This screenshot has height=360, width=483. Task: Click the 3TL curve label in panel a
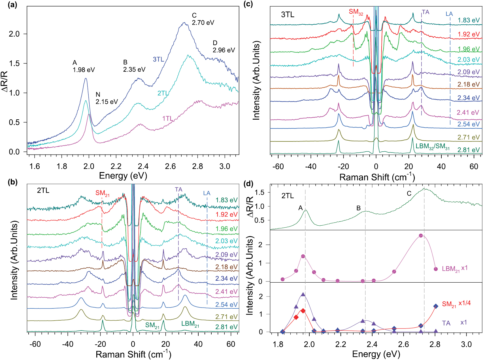click(x=158, y=59)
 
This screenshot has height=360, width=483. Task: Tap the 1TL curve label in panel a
click(x=167, y=118)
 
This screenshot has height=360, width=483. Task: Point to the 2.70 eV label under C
click(x=203, y=23)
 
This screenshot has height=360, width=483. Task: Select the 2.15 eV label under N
click(x=107, y=102)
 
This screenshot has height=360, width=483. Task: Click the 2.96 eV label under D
click(x=224, y=50)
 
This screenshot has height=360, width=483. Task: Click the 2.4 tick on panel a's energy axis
click(x=143, y=166)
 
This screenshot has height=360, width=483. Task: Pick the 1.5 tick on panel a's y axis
click(x=14, y=63)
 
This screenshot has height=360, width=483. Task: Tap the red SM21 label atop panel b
click(x=102, y=193)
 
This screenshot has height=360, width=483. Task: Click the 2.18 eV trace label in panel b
click(x=226, y=267)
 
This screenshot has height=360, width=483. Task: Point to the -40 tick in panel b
click(x=68, y=344)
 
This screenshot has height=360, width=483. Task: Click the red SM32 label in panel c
click(x=356, y=12)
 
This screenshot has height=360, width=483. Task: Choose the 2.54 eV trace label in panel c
click(x=468, y=124)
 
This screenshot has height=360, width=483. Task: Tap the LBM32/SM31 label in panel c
click(x=432, y=147)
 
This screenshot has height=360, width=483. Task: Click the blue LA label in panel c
click(x=449, y=14)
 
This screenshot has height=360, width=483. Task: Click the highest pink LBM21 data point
click(x=421, y=236)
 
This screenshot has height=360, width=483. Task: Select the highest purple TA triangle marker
click(x=303, y=295)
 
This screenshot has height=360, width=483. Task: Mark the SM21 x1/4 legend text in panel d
click(x=456, y=304)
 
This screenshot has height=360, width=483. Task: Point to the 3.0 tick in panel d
click(x=466, y=345)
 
